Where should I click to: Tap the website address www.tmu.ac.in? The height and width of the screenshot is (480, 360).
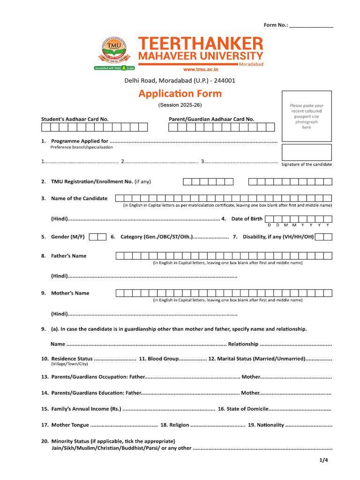(x=201, y=69)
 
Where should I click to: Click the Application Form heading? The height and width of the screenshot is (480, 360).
(x=180, y=93)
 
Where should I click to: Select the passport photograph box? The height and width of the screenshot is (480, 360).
(x=306, y=115)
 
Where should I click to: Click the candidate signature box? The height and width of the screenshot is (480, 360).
(x=306, y=152)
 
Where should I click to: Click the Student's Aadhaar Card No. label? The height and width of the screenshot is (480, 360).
(x=75, y=119)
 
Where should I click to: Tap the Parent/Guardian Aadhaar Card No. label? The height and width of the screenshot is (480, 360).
(x=211, y=119)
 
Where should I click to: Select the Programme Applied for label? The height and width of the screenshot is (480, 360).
(x=80, y=141)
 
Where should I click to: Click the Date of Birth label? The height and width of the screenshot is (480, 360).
(x=247, y=219)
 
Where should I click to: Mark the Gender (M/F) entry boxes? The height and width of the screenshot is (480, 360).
(x=97, y=237)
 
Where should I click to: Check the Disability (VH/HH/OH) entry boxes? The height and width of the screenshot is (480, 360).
(x=324, y=237)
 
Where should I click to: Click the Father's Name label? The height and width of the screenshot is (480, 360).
(x=68, y=256)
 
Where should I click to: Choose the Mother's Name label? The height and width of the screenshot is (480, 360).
(x=70, y=293)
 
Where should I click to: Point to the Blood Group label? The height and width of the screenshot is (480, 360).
(x=163, y=359)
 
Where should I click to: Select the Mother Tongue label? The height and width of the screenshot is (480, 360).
(x=70, y=425)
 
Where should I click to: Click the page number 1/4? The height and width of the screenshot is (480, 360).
(x=324, y=460)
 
